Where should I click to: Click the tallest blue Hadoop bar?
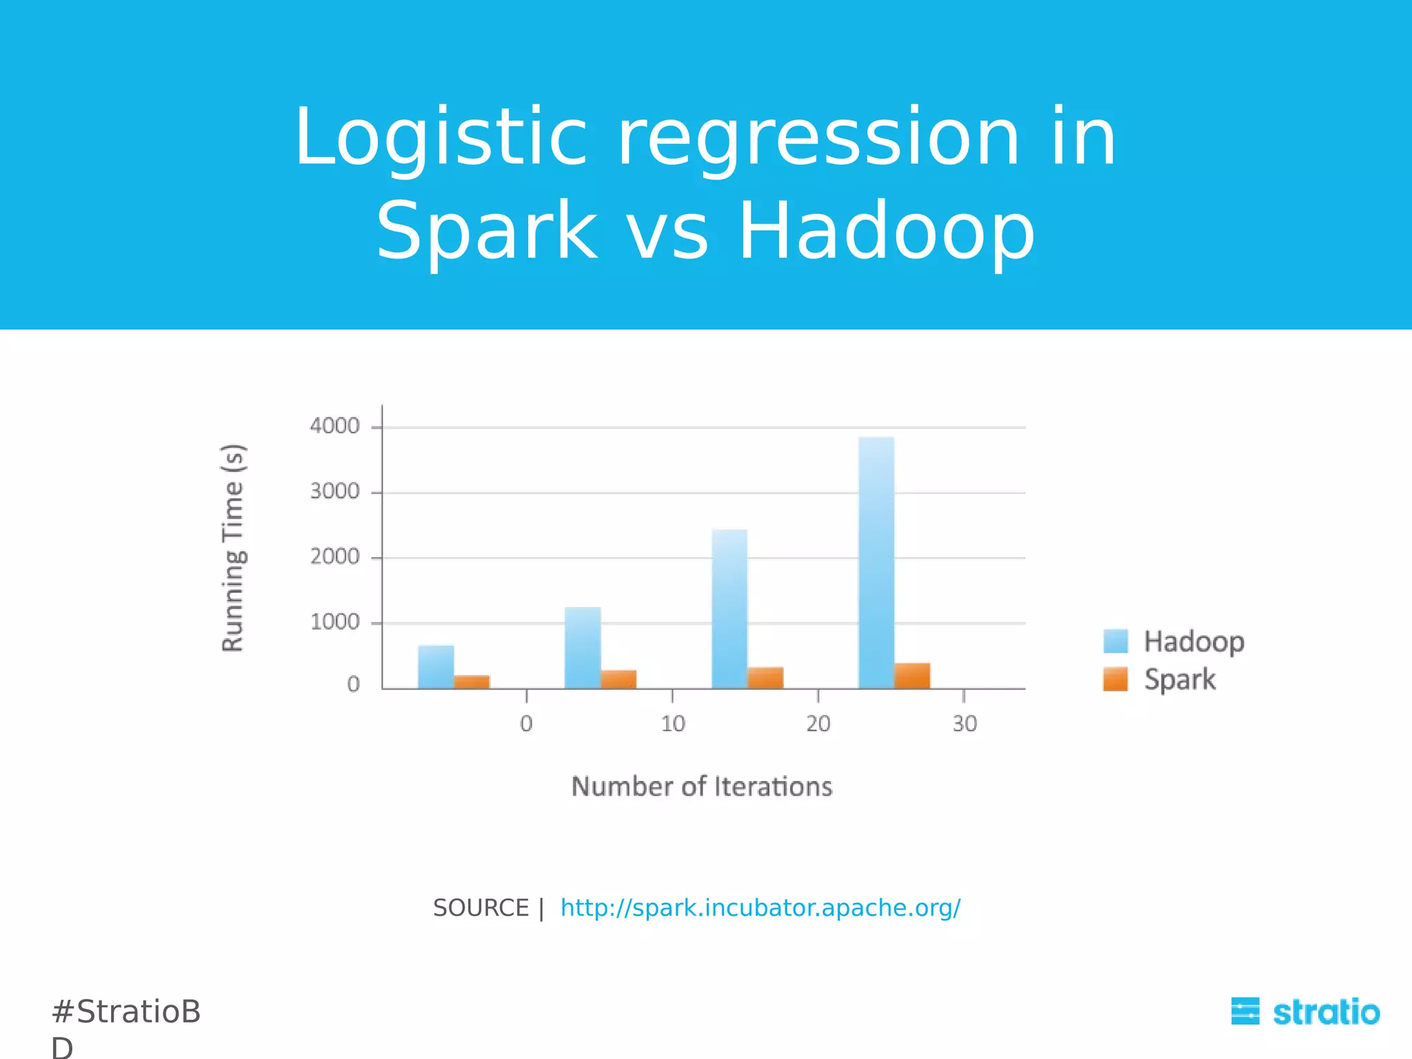click(x=876, y=562)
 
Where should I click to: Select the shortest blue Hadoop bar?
click(x=436, y=667)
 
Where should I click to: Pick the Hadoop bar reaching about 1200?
click(x=583, y=647)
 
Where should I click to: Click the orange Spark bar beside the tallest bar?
click(x=912, y=676)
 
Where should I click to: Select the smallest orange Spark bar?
click(x=472, y=681)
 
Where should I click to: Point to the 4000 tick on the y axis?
click(x=334, y=426)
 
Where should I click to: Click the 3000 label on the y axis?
click(x=334, y=492)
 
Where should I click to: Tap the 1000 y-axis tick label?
click(x=334, y=622)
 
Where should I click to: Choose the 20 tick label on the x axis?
click(x=818, y=723)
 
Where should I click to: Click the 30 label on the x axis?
click(x=965, y=723)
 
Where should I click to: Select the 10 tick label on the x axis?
click(x=673, y=723)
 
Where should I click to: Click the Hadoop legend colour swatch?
click(x=1115, y=641)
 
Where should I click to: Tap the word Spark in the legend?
click(x=1180, y=679)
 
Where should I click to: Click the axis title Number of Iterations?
click(x=702, y=787)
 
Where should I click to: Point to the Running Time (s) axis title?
click(x=233, y=547)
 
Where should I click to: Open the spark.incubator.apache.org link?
click(x=760, y=908)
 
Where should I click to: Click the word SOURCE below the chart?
click(x=481, y=908)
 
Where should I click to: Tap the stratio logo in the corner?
click(x=1305, y=1012)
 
